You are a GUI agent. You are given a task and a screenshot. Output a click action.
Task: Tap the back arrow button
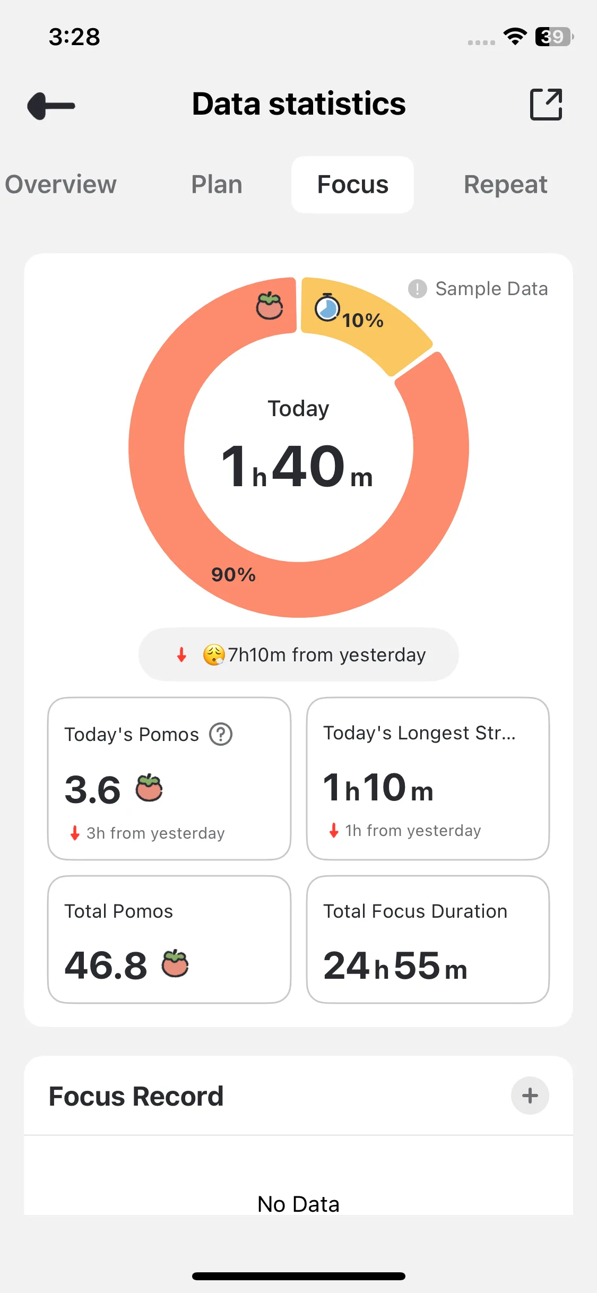[x=51, y=106]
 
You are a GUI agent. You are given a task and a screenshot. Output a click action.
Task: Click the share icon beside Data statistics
[x=546, y=105]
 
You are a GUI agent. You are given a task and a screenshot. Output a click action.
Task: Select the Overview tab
[x=60, y=185]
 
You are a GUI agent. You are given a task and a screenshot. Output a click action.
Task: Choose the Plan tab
[x=217, y=185]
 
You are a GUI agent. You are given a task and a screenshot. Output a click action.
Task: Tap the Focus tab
[x=352, y=185]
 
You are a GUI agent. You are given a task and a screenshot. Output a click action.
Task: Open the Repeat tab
[x=505, y=185]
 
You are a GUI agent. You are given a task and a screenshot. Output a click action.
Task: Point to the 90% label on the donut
[x=233, y=574]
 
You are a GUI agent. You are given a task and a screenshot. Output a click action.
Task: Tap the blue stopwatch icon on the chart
[x=327, y=308]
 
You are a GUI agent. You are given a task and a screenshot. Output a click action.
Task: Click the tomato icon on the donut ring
[x=270, y=306]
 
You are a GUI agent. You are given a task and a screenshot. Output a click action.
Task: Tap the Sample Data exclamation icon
[x=418, y=289]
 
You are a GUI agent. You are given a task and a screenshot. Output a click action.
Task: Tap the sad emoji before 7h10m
[x=214, y=655]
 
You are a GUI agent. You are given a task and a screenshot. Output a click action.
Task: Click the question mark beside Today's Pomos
[x=221, y=735]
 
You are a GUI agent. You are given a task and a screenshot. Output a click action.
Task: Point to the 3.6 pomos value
[x=93, y=790]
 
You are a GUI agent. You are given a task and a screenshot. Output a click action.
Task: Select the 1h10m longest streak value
[x=378, y=788]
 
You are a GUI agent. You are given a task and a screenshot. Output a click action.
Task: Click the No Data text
[x=298, y=1204]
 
